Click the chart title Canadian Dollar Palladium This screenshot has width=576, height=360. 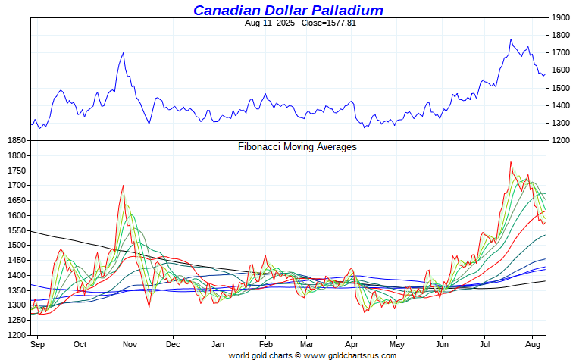288,10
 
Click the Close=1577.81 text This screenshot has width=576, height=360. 327,23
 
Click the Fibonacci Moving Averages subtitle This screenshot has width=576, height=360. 297,147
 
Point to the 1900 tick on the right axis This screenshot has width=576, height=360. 561,17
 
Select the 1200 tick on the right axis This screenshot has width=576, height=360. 561,141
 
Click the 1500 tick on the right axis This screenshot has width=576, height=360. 561,88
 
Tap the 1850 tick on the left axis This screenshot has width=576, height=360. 15,141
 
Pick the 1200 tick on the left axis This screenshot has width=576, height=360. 15,334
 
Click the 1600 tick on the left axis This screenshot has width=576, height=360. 15,215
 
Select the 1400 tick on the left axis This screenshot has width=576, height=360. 15,275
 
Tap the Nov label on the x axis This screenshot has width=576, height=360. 130,344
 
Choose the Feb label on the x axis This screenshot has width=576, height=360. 266,344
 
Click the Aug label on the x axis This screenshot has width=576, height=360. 534,344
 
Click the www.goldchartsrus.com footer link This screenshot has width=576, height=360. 349,355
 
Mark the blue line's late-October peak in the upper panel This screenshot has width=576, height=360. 123,53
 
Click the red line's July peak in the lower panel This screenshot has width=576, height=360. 511,161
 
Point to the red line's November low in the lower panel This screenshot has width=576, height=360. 149,307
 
